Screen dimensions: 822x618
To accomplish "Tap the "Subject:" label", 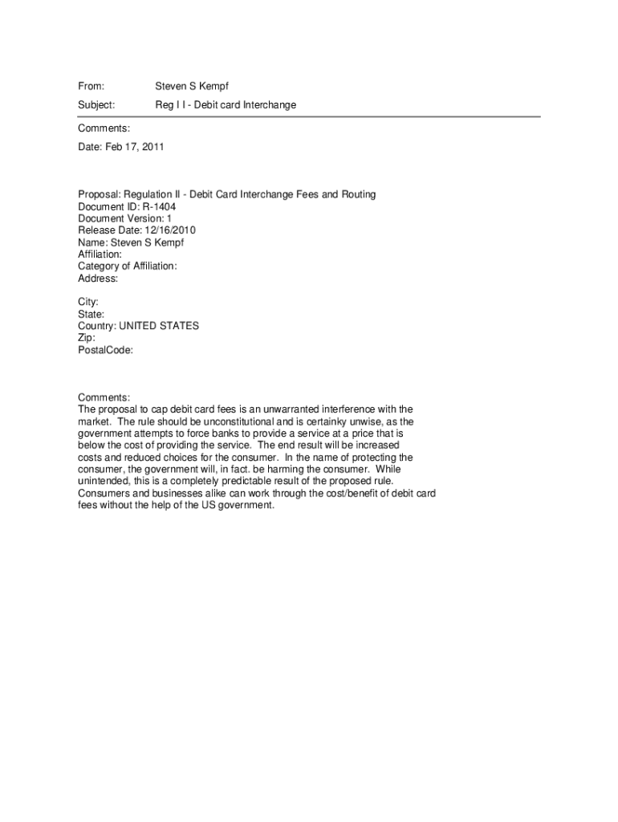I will [96, 105].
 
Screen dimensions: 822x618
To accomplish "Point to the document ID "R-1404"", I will [159, 206].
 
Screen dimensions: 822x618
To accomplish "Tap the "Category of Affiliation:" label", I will [127, 267].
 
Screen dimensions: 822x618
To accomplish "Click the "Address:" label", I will [98, 279].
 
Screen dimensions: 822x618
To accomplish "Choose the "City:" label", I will [88, 302].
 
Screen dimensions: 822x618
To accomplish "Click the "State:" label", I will [91, 314].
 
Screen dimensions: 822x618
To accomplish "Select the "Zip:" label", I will [87, 338].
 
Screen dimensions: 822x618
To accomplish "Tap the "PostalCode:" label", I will [105, 350].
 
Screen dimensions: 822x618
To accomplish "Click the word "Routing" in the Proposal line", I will [358, 194].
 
